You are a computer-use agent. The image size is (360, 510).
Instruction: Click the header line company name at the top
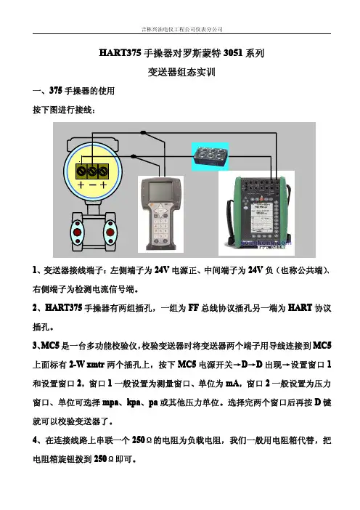click(x=182, y=29)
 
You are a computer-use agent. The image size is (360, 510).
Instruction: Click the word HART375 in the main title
click(x=120, y=53)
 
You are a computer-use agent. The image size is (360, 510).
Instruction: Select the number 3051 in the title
click(x=233, y=53)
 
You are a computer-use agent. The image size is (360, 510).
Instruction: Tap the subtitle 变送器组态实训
click(x=181, y=72)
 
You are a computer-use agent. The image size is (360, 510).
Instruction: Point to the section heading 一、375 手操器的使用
click(x=74, y=91)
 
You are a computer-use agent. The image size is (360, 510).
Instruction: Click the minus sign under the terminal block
click(x=92, y=185)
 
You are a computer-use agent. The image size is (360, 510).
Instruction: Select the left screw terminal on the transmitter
click(x=82, y=171)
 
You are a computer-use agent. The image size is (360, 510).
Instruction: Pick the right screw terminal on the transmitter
click(x=102, y=171)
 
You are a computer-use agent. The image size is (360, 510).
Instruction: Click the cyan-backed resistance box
click(x=210, y=156)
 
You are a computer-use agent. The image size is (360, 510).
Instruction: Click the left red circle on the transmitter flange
click(x=78, y=232)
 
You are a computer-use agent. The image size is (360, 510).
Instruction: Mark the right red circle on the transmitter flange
click(x=110, y=232)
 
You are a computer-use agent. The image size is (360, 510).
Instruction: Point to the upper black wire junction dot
click(x=143, y=132)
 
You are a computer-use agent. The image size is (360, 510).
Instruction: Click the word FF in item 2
click(x=193, y=308)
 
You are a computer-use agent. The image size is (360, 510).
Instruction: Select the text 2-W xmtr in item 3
click(x=87, y=365)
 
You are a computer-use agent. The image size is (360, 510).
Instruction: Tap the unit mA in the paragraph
click(x=233, y=384)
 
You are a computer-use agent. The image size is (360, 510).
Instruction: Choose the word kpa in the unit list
click(x=134, y=402)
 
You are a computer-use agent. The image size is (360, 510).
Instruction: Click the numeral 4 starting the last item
click(x=35, y=440)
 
